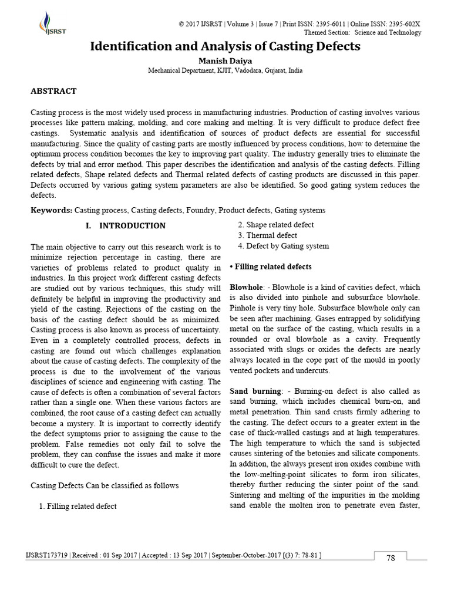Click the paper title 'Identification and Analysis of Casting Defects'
[225, 46]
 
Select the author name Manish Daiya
[225, 60]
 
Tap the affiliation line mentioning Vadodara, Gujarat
[225, 70]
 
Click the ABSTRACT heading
[53, 91]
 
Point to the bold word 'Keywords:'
[51, 210]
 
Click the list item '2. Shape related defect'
[275, 225]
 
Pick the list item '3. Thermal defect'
[267, 235]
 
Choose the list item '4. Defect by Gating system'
[283, 246]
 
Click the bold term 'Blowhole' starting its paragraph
[245, 288]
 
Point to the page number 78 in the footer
[391, 558]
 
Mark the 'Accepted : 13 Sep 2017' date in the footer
[174, 555]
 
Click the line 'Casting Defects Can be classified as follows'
[104, 485]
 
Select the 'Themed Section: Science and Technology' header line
[371, 33]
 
